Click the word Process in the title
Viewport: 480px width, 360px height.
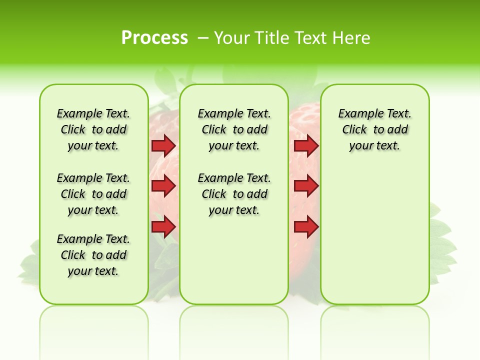154,38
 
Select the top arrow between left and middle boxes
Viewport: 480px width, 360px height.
163,146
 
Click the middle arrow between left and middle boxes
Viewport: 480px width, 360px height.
163,186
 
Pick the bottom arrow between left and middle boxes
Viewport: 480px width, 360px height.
163,226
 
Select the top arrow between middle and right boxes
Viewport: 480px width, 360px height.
306,146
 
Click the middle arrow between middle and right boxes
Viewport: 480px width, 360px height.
306,186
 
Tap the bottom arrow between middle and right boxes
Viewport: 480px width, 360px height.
306,226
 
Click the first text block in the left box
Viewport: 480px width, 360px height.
93,129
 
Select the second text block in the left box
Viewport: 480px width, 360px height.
93,194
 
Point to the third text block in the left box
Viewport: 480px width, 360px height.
93,255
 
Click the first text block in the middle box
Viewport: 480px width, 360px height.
234,129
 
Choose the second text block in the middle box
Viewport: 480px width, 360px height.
234,194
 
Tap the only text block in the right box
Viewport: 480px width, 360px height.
374,129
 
